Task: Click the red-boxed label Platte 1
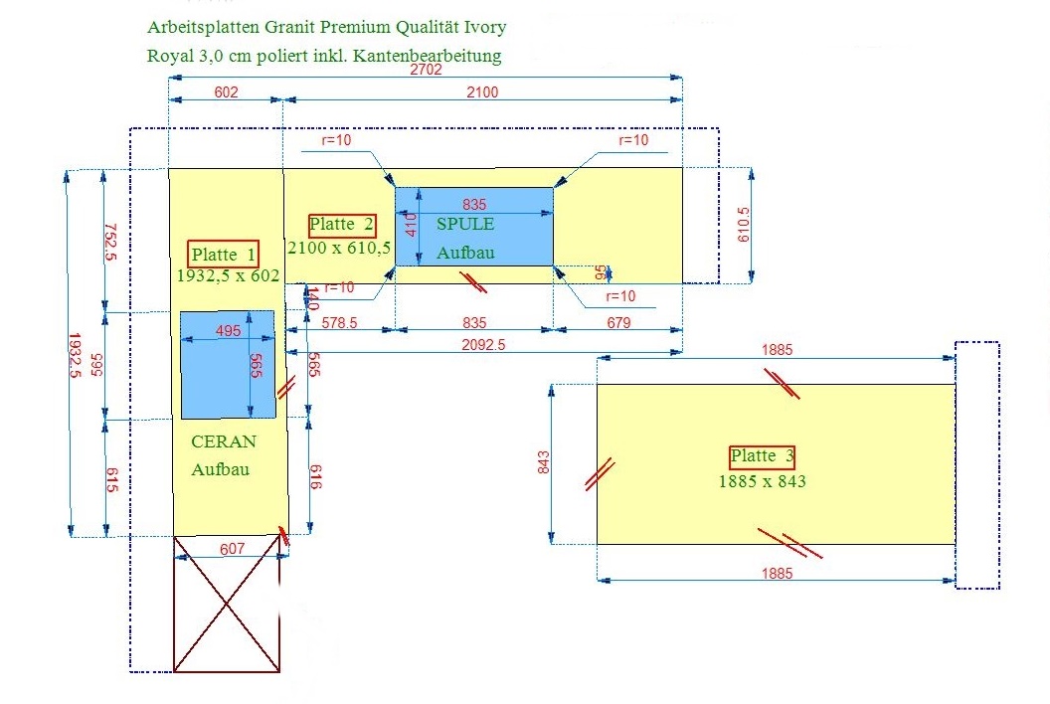click(x=224, y=255)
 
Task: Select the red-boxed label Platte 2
click(x=342, y=226)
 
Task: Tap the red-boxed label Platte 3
click(x=763, y=456)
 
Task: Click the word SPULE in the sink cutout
click(x=465, y=225)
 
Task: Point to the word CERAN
click(x=224, y=441)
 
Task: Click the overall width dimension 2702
click(x=427, y=71)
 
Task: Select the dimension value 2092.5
click(x=484, y=345)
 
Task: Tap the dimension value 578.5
click(x=341, y=323)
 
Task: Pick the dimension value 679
click(x=617, y=323)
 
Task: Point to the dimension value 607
click(x=232, y=548)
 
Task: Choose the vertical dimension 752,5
click(x=110, y=241)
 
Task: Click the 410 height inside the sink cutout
click(x=411, y=227)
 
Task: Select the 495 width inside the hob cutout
click(x=228, y=331)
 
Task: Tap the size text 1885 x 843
click(x=763, y=481)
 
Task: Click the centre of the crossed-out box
click(x=227, y=604)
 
